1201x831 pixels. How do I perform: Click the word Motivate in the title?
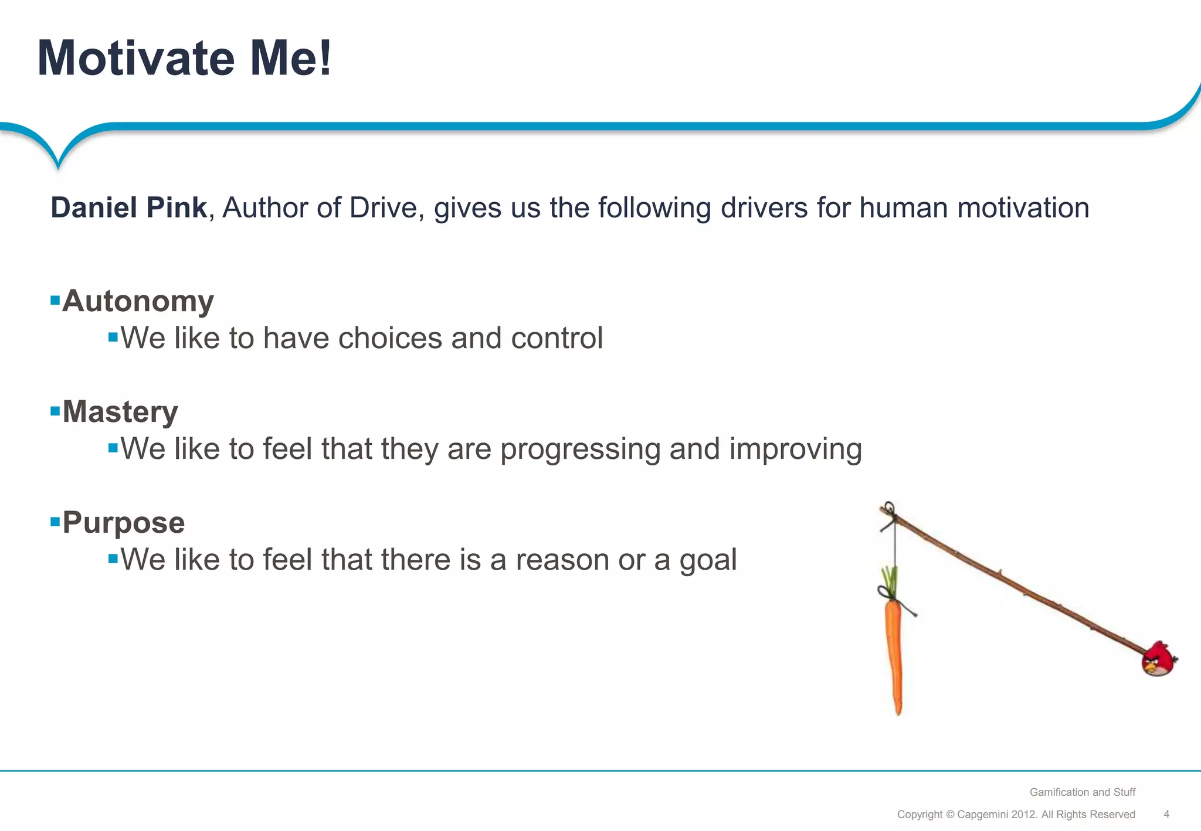coord(136,59)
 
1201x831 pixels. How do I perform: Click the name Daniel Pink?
coord(128,208)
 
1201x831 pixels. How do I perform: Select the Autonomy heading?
coord(138,301)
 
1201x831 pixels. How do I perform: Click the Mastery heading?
coord(120,412)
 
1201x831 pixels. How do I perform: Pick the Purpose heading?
coord(124,523)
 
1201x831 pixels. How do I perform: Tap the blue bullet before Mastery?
coord(55,411)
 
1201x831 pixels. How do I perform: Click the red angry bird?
coord(1158,660)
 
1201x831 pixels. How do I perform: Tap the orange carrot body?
coord(893,651)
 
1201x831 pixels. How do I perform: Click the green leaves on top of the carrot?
coord(890,580)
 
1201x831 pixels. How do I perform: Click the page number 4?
coord(1166,814)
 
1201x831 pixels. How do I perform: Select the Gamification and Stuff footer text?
coord(1082,792)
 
